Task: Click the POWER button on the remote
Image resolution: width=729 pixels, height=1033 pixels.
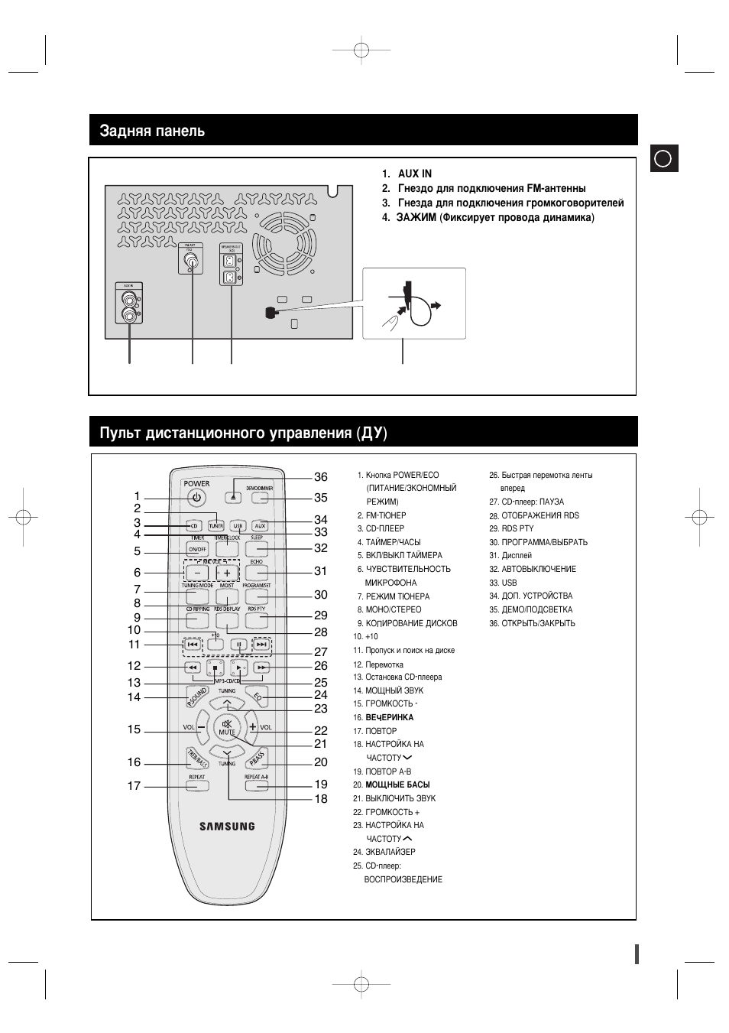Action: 196,498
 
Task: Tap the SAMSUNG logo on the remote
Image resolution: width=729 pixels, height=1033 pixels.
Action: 227,826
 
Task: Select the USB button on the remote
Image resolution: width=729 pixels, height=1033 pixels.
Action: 238,526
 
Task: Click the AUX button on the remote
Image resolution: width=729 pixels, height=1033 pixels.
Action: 260,526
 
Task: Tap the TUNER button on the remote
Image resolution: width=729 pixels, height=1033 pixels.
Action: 216,526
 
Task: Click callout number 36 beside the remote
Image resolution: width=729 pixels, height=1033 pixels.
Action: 321,477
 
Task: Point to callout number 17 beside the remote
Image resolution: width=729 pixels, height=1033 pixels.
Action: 134,785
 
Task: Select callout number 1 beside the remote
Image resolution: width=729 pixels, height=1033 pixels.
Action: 138,496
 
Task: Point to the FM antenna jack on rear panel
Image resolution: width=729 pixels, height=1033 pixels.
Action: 192,262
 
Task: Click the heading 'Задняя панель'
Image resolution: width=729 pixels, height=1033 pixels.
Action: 152,131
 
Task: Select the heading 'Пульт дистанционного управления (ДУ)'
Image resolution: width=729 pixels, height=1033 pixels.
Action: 243,434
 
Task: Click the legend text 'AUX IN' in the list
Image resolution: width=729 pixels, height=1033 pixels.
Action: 414,174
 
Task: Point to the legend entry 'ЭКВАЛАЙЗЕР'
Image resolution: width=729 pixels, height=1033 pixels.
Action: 390,852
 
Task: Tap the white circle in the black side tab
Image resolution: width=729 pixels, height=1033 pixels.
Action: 663,159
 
